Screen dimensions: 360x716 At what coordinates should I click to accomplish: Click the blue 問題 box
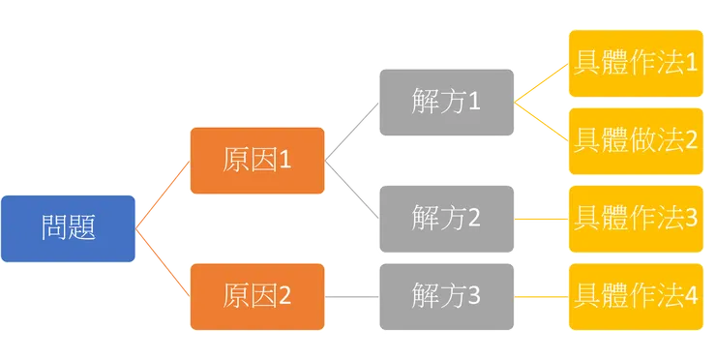pyautogui.click(x=68, y=228)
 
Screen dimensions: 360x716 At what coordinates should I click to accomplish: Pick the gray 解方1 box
pyautogui.click(x=445, y=102)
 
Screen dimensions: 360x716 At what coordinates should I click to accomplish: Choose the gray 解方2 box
pyautogui.click(x=445, y=219)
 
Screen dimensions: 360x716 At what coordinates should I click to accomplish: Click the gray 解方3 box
pyautogui.click(x=445, y=295)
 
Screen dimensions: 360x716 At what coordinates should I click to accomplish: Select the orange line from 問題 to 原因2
pyautogui.click(x=163, y=263)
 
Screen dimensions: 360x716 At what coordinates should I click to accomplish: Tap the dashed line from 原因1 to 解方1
pyautogui.click(x=353, y=129)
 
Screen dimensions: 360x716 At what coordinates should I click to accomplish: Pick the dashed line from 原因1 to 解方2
pyautogui.click(x=353, y=191)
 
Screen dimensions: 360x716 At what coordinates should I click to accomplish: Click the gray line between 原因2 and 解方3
pyautogui.click(x=353, y=295)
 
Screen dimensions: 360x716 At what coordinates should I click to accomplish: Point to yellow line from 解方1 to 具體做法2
pyautogui.click(x=543, y=120)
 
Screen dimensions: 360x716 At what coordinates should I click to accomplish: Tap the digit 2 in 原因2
pyautogui.click(x=284, y=296)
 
